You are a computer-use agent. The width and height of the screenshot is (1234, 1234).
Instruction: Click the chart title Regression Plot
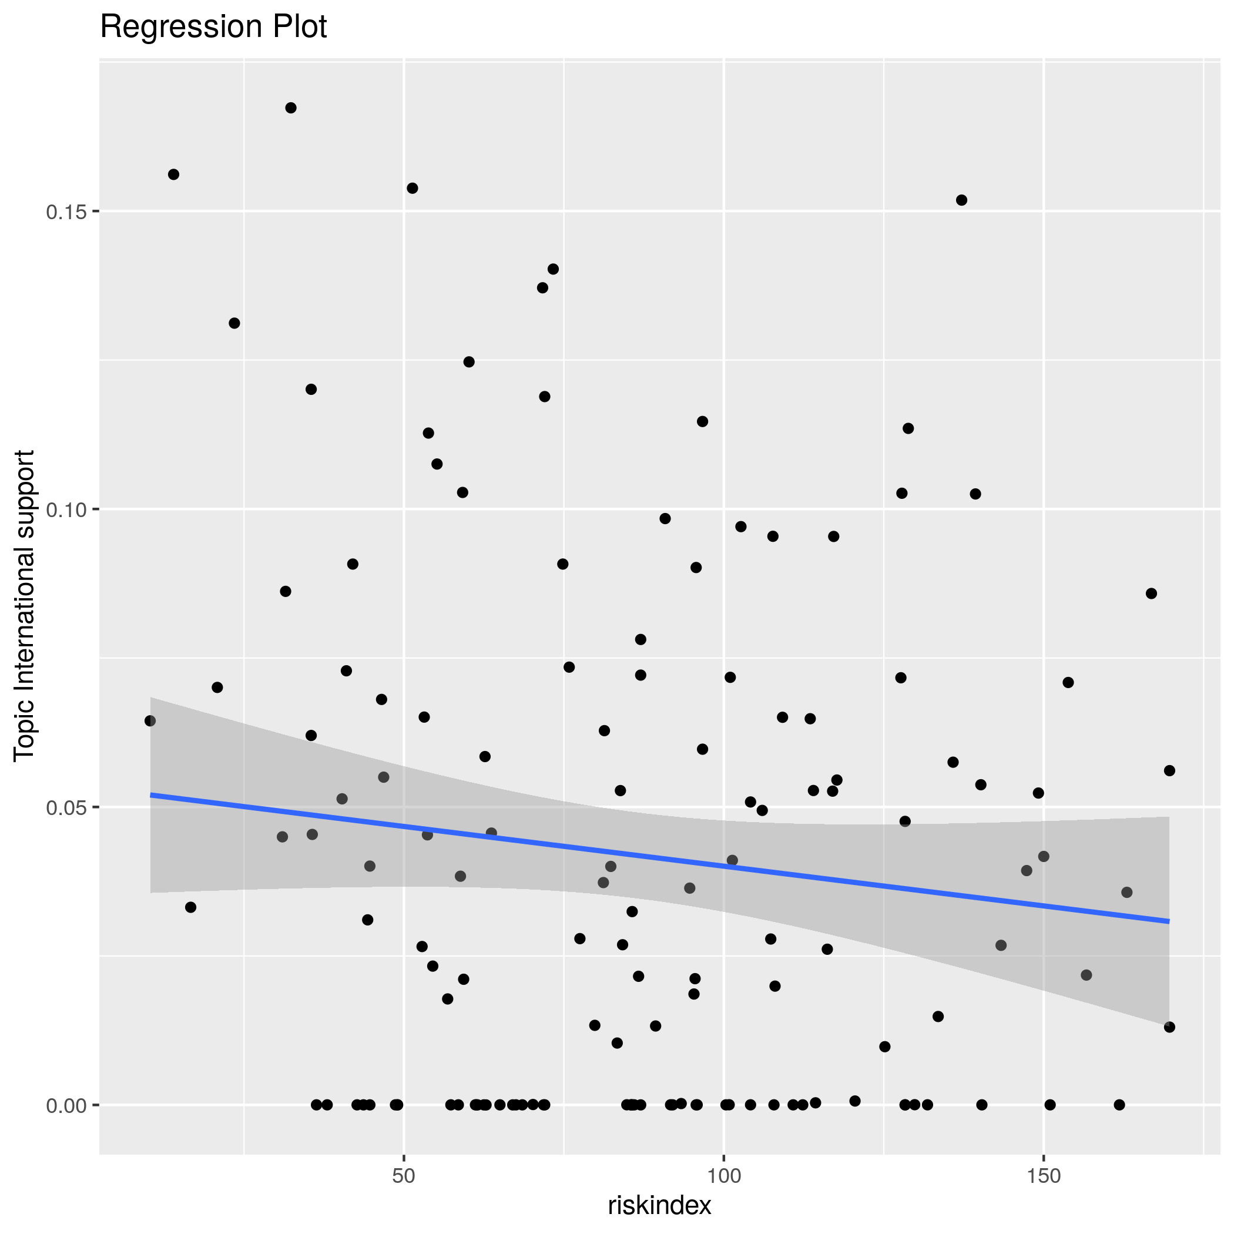point(213,28)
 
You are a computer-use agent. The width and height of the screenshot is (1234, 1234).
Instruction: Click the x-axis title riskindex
point(659,1205)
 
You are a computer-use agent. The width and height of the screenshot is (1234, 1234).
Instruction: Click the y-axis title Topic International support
point(24,605)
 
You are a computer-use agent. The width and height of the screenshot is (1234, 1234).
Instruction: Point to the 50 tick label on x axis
point(404,1176)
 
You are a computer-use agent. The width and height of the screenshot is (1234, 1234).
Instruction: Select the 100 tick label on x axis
point(724,1176)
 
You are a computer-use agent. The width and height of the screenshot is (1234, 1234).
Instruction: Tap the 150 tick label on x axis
point(1043,1176)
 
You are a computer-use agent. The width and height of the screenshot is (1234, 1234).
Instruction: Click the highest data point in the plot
point(291,108)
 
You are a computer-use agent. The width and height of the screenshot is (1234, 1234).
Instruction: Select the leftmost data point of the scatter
point(150,720)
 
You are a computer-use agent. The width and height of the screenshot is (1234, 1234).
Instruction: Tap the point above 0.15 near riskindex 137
point(961,200)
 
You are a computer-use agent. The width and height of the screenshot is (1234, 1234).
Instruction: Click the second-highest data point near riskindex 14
point(173,175)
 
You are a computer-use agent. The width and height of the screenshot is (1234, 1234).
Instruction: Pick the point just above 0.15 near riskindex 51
point(413,188)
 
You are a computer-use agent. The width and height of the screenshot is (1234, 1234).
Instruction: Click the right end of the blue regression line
point(1168,920)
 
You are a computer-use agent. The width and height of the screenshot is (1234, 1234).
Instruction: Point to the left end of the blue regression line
point(152,794)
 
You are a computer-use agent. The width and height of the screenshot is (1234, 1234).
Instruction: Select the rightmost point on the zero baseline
point(1119,1104)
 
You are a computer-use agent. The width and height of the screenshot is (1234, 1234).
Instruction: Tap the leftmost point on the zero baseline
point(316,1104)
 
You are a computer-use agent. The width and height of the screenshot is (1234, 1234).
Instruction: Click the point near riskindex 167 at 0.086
point(1152,593)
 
